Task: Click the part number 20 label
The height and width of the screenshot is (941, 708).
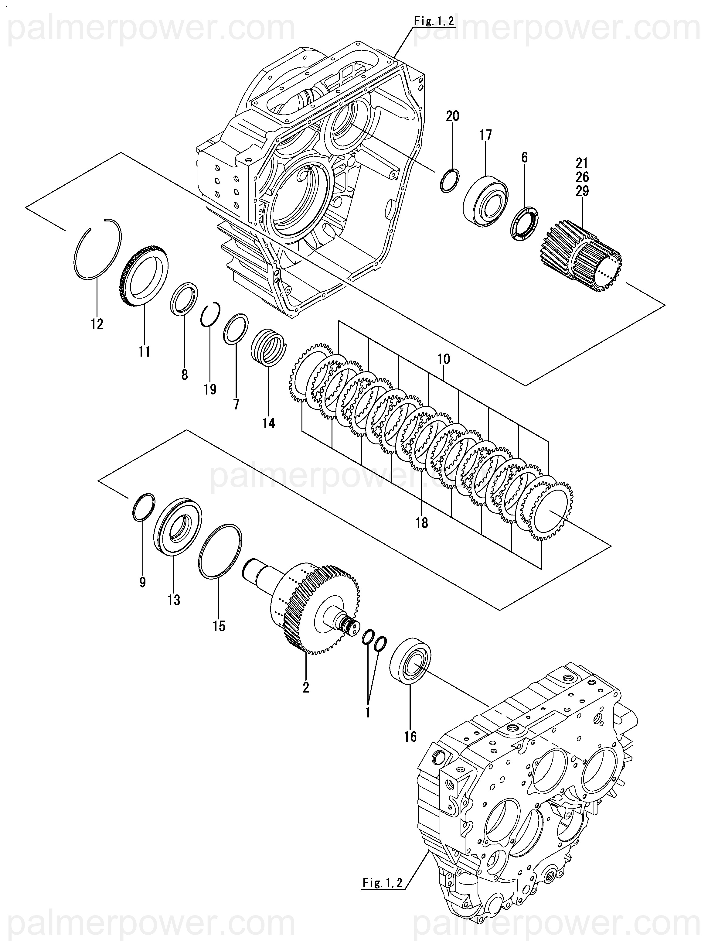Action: click(x=452, y=116)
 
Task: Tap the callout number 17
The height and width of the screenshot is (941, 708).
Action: click(x=485, y=135)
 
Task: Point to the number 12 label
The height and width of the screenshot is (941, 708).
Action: click(x=97, y=324)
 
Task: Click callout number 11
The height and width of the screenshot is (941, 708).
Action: click(x=144, y=351)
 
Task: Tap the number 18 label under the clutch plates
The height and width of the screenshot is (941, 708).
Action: click(x=422, y=522)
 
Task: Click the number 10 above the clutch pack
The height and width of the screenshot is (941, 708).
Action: click(x=444, y=359)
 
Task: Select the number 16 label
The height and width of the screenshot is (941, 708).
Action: click(x=410, y=736)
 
